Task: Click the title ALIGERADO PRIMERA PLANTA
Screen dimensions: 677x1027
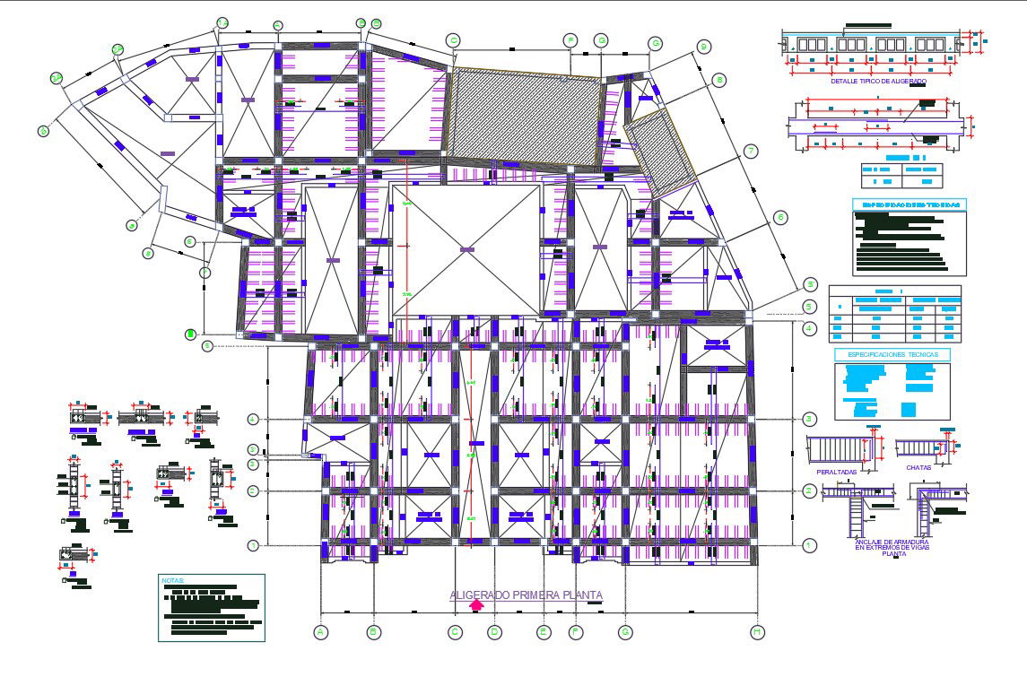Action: (x=526, y=595)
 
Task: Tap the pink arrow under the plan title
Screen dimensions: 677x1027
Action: (x=477, y=605)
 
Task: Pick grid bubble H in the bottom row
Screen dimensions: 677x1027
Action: (x=758, y=632)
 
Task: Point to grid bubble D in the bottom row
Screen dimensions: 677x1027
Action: (x=493, y=632)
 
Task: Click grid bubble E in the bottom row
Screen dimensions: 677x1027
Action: (x=543, y=632)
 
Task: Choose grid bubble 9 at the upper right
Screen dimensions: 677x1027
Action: (x=703, y=47)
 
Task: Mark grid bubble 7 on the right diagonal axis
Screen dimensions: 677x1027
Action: (x=751, y=151)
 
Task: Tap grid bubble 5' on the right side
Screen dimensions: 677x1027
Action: (x=810, y=284)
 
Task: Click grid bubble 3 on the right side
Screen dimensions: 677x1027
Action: (x=809, y=419)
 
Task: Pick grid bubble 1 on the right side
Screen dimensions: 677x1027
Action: (x=809, y=544)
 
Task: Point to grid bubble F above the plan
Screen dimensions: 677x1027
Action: (x=570, y=40)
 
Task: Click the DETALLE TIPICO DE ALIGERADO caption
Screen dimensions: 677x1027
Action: (x=878, y=81)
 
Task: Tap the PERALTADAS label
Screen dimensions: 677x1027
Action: (x=836, y=472)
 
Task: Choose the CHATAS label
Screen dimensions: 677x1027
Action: (x=918, y=467)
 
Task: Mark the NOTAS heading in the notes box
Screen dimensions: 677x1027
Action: (x=171, y=580)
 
